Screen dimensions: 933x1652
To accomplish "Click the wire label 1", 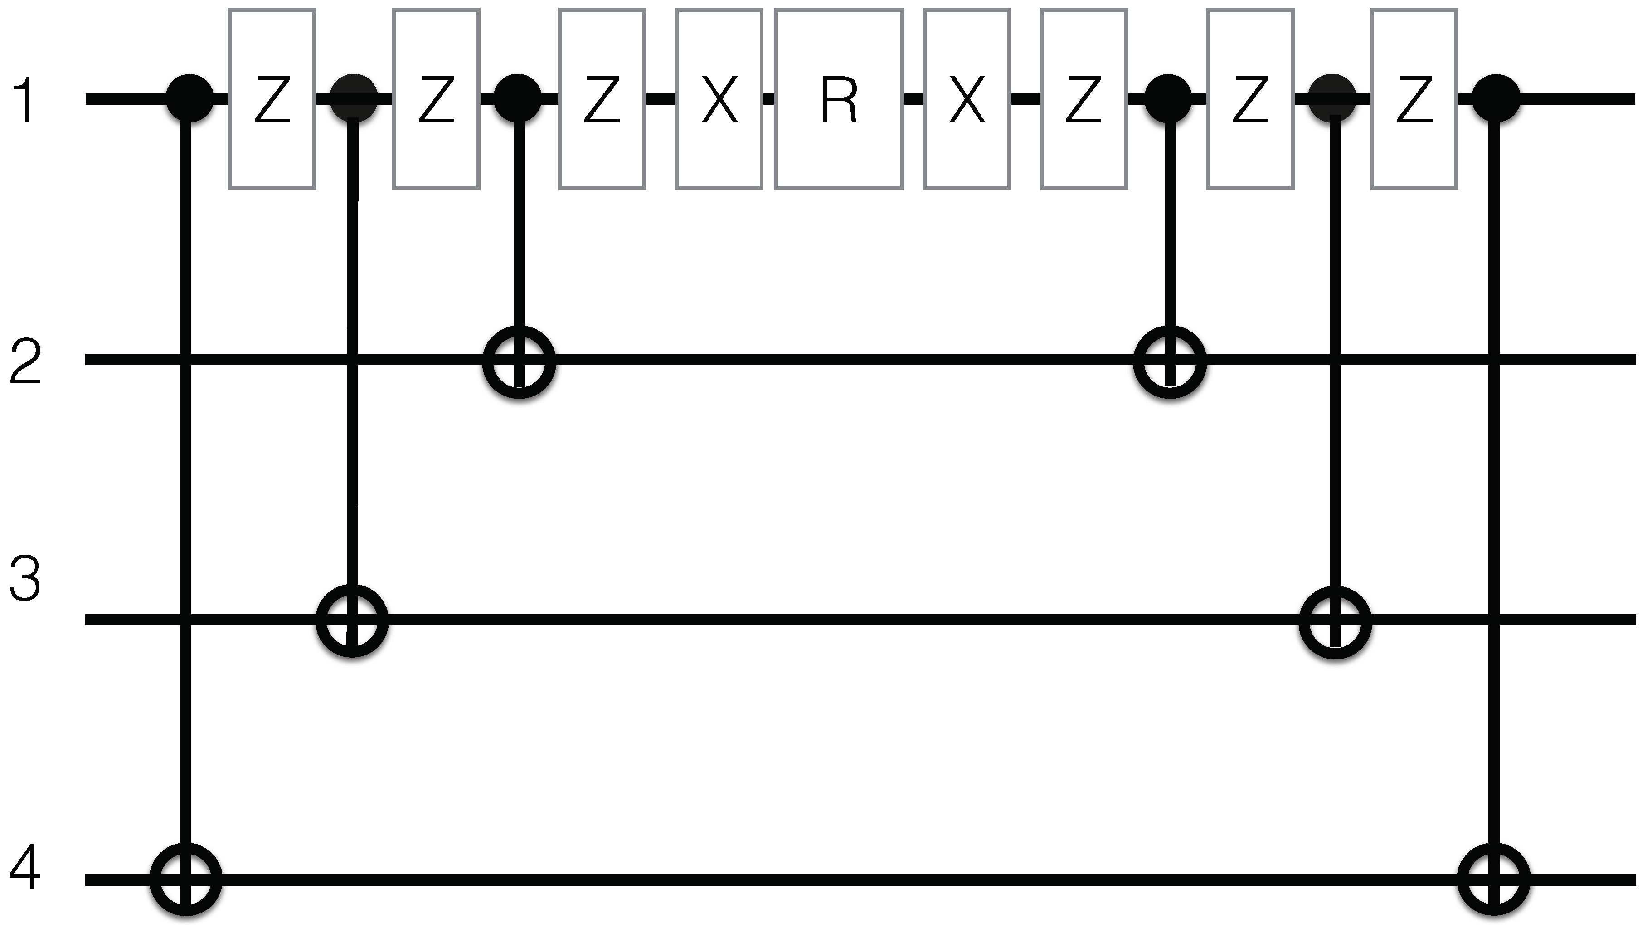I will coord(24,100).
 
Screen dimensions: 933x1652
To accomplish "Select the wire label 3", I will coord(26,579).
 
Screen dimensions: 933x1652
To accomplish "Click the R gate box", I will coord(838,99).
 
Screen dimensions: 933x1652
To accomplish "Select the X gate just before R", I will coord(719,99).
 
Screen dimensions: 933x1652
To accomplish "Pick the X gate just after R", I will coord(967,99).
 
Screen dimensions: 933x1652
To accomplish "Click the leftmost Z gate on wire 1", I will coord(272,99).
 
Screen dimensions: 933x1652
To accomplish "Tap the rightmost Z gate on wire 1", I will coord(1414,99).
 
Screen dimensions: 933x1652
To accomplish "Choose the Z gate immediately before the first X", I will coord(602,99).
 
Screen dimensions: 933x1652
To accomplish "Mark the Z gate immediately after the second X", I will coord(1084,99).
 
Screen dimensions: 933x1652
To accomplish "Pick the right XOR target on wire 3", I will coord(1335,620).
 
